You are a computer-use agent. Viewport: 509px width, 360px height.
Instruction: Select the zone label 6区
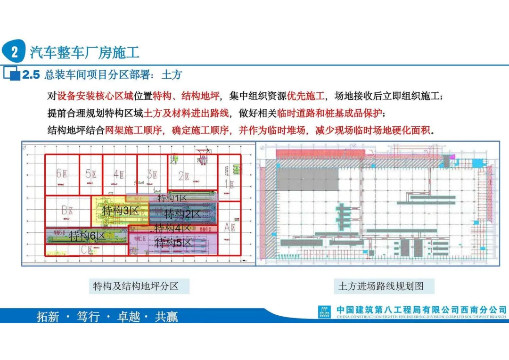pyautogui.click(x=62, y=174)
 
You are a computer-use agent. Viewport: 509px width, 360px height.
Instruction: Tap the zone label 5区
pyautogui.click(x=91, y=174)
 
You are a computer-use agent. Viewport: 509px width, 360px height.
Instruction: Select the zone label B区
pyautogui.click(x=67, y=210)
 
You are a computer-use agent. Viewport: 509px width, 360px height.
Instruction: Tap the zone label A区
pyautogui.click(x=230, y=227)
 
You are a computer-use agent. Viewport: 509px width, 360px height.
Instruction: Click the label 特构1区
pyautogui.click(x=172, y=198)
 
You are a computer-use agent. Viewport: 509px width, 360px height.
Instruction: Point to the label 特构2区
pyautogui.click(x=182, y=214)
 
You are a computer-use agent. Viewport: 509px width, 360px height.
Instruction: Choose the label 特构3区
pyautogui.click(x=121, y=210)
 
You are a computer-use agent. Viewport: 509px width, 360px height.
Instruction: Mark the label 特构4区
pyautogui.click(x=172, y=228)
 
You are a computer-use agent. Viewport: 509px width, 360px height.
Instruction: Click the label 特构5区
pyautogui.click(x=173, y=243)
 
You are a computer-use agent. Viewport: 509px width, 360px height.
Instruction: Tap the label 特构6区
pyautogui.click(x=87, y=236)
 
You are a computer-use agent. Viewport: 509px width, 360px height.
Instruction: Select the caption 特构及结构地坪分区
pyautogui.click(x=136, y=286)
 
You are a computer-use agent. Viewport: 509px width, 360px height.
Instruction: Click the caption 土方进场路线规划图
pyautogui.click(x=381, y=286)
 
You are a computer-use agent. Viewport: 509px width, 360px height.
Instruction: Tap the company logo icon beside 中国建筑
pyautogui.click(x=325, y=312)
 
